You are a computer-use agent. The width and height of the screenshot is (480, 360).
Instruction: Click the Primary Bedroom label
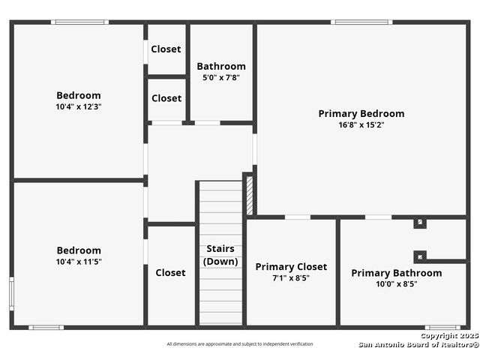(361, 113)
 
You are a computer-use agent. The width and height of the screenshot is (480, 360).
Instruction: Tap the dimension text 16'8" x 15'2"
(361, 125)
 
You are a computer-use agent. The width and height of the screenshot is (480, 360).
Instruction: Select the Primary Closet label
(291, 267)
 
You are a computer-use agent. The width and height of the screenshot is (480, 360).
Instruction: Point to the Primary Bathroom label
(397, 273)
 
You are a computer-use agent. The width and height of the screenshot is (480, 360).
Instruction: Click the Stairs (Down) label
(220, 255)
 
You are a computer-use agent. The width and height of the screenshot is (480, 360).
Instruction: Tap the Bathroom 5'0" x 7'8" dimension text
(221, 77)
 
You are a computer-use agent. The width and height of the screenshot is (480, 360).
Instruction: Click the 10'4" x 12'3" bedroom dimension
(79, 106)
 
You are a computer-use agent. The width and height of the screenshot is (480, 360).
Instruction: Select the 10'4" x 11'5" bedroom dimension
(79, 262)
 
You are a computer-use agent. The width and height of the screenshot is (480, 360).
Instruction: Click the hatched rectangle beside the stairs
(250, 195)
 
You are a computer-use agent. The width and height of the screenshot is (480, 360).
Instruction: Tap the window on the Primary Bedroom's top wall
(361, 22)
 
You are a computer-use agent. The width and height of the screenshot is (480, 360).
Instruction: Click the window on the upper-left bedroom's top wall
(79, 22)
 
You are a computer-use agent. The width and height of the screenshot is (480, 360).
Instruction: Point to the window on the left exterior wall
(12, 293)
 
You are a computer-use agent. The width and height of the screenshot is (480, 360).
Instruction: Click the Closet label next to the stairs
(170, 273)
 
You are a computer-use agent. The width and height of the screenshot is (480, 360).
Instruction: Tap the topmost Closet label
(166, 49)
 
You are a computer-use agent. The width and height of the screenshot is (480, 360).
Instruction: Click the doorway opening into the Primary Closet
(298, 217)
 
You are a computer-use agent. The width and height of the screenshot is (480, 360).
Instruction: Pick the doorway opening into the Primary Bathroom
(378, 217)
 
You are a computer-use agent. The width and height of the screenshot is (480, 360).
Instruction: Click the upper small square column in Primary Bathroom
(420, 222)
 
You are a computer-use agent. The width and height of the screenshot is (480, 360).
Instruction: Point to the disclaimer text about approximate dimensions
(240, 344)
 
